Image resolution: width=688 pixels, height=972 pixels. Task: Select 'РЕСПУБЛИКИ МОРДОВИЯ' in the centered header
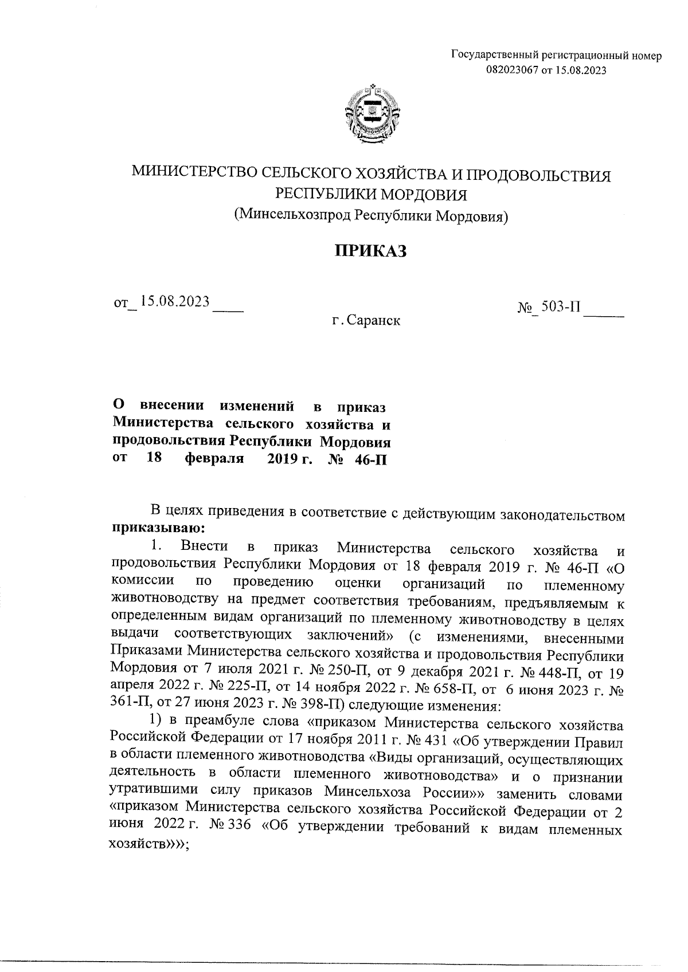coord(371,195)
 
